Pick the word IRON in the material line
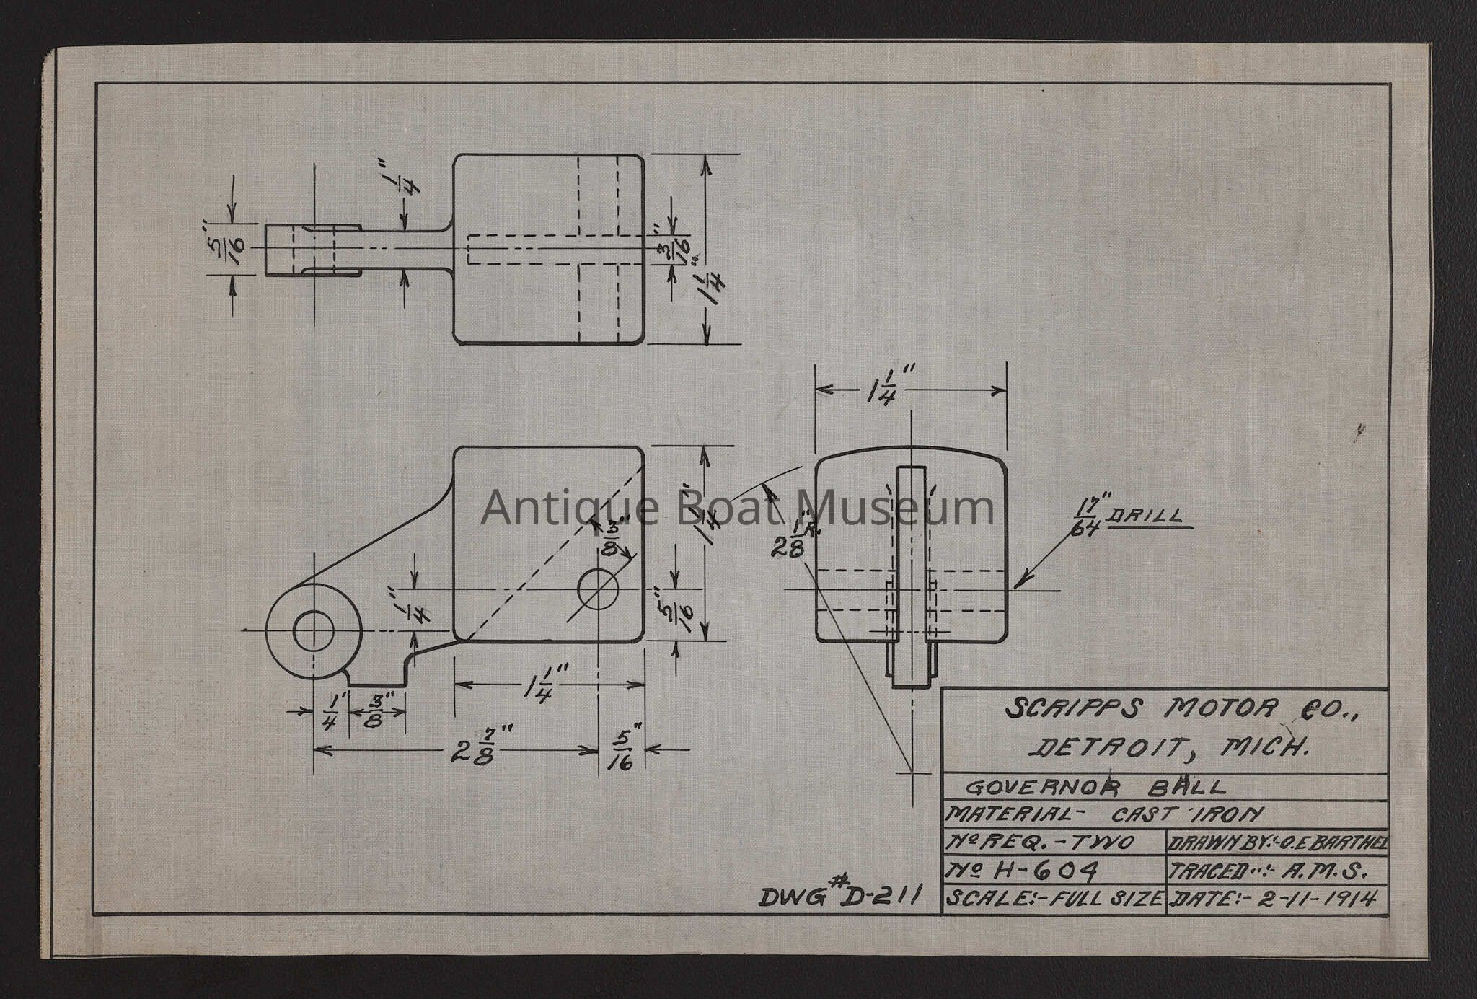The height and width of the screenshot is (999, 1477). (x=1235, y=815)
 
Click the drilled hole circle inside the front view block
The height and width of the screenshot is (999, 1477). (x=598, y=589)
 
